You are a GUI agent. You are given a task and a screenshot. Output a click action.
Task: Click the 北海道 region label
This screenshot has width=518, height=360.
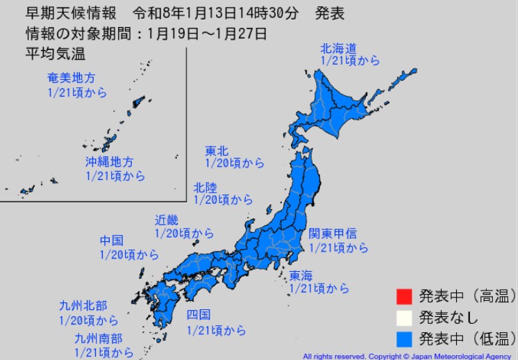pos(338,48)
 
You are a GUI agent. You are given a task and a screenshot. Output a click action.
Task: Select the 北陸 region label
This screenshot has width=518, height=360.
pos(206,187)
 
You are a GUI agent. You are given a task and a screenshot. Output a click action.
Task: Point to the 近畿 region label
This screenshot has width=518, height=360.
pos(167,220)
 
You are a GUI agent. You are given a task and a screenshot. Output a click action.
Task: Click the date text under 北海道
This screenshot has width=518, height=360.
pos(350,60)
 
